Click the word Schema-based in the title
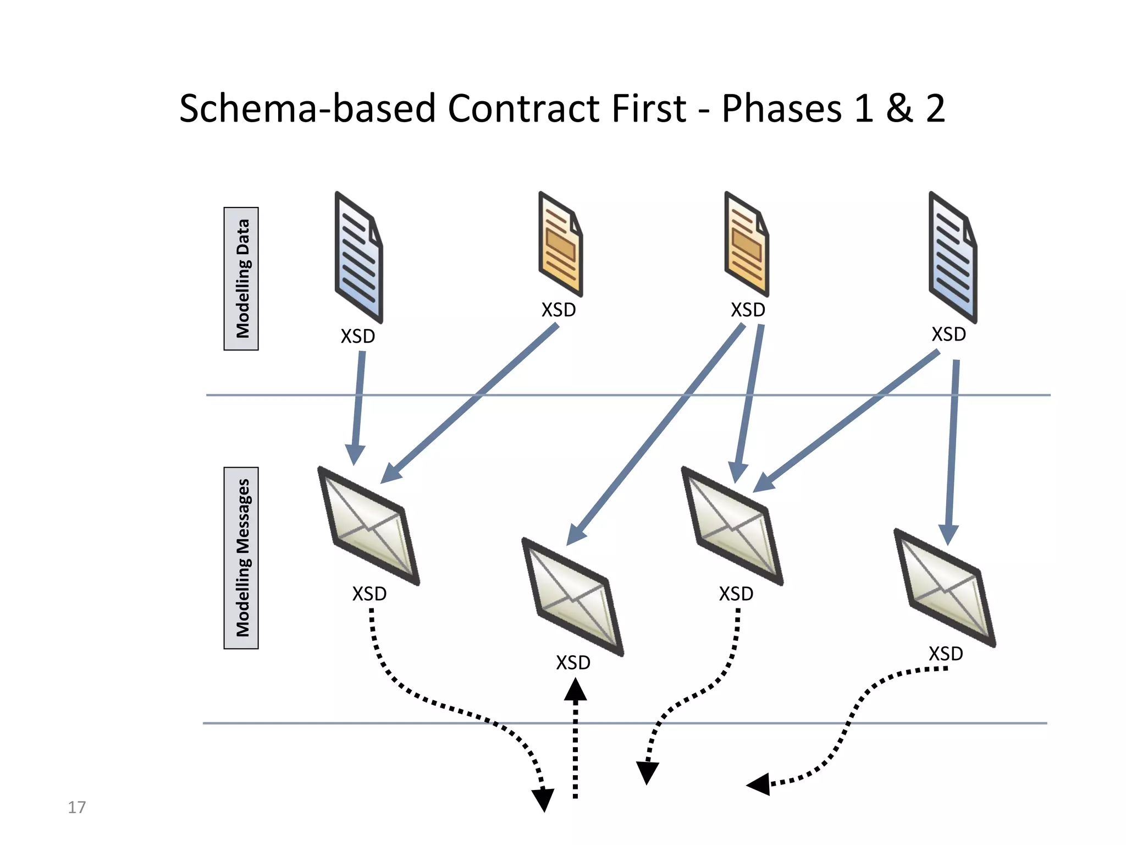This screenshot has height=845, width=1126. pos(308,108)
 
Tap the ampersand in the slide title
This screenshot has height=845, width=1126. pos(898,108)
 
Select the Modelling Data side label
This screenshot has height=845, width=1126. pos(241,278)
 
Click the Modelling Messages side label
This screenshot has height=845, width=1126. pos(241,558)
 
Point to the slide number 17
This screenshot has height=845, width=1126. pos(76,807)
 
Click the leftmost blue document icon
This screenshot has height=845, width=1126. pos(358,257)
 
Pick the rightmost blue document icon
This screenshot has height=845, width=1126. pos(952,257)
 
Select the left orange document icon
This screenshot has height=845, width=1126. pos(560,244)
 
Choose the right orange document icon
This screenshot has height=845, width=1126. pos(746,244)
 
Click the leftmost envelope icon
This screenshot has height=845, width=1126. pos(369,526)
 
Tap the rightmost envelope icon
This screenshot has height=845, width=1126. pos(945,588)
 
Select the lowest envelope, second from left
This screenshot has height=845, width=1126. pos(572,596)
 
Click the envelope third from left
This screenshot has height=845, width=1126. pos(732,526)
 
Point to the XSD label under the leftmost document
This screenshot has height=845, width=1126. pos(358,336)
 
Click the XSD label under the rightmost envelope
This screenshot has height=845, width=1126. pos(946,654)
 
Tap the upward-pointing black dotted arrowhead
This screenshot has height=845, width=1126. pos(575,690)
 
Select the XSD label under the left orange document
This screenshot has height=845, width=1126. pos(559,310)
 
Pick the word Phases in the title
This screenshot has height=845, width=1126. pos(781,108)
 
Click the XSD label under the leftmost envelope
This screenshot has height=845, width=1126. pos(369,594)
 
